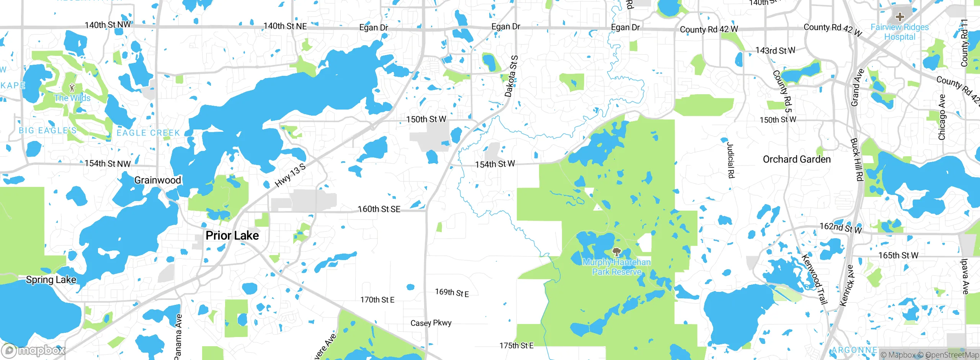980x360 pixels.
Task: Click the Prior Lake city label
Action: tap(232, 236)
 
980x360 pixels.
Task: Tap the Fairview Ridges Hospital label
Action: tap(900, 32)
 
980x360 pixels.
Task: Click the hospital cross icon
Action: tap(900, 17)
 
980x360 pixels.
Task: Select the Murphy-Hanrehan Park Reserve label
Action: tap(616, 267)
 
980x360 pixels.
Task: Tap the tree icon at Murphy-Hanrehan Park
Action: tap(616, 252)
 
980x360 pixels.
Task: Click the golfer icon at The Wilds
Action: tap(72, 88)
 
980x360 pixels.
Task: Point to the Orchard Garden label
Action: tap(797, 159)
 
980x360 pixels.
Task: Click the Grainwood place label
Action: tap(157, 180)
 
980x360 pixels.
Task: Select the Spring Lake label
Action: tap(51, 280)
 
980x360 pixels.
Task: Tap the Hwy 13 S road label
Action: tap(291, 175)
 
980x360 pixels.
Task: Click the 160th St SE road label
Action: tap(379, 209)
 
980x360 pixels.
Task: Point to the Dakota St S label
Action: tap(511, 76)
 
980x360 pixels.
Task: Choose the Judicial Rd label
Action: tap(730, 160)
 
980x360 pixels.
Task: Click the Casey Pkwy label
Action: tap(431, 323)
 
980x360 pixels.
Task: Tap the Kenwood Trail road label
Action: tap(815, 279)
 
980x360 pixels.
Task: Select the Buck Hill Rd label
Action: tap(857, 159)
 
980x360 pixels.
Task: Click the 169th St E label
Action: tap(452, 293)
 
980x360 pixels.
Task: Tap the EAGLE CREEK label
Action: tap(148, 133)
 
